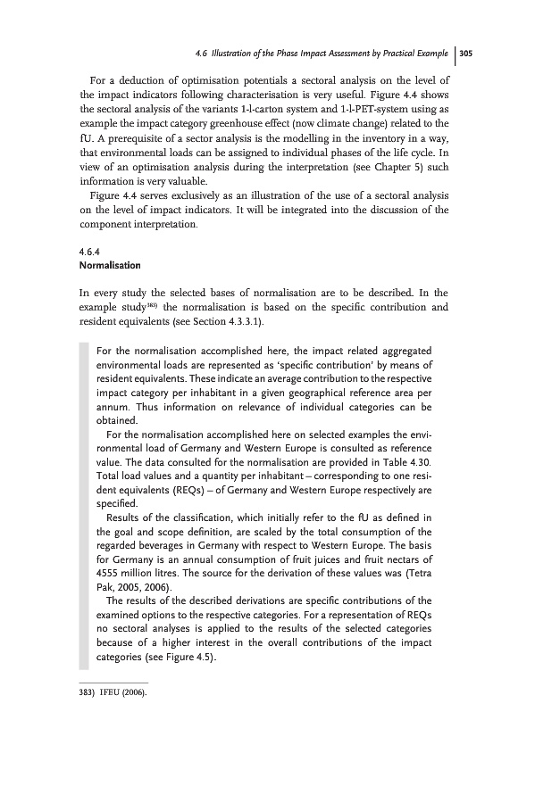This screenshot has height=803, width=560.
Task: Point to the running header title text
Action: (x=322, y=54)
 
